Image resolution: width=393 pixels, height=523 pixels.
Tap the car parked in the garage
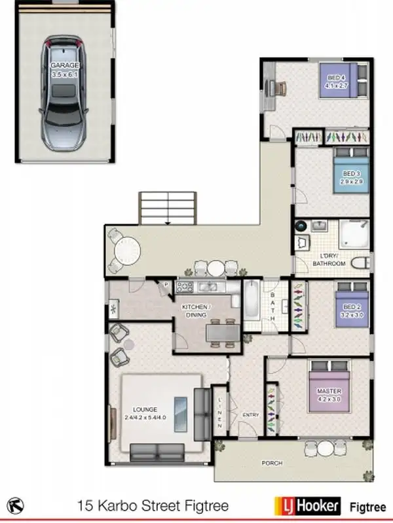point(64,92)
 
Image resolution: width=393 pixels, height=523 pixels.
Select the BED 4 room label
point(337,80)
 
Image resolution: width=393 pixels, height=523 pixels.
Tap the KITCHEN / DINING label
point(196,311)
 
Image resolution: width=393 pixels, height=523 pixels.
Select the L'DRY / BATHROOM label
point(328,260)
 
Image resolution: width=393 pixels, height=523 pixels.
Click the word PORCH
point(272,463)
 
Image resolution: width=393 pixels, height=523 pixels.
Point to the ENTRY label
point(250,415)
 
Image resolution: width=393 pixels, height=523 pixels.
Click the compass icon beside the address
point(17,505)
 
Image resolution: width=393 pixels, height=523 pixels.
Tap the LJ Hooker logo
point(307,505)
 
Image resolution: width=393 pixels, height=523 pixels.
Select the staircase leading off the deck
point(168,208)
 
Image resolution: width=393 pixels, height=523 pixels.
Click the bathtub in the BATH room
point(252,301)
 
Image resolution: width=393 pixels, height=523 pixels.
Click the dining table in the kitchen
point(221,333)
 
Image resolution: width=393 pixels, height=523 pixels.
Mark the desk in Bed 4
point(277,88)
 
